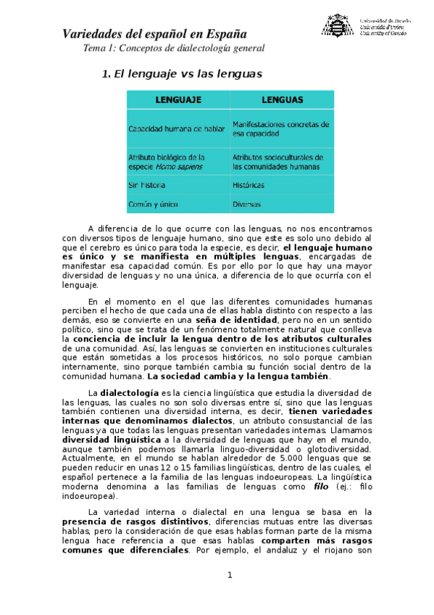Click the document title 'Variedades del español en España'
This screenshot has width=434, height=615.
(x=154, y=33)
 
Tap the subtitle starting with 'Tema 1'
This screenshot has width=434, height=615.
(x=174, y=49)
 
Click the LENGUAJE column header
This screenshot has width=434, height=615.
(x=178, y=99)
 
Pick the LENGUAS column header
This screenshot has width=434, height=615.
(x=282, y=99)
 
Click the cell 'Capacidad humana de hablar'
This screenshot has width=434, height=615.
(x=176, y=129)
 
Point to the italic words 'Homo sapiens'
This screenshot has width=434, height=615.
(x=177, y=166)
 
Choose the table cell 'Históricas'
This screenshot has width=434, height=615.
(x=249, y=185)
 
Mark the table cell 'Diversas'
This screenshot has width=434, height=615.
(x=246, y=205)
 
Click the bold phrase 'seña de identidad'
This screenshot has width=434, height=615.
(x=236, y=320)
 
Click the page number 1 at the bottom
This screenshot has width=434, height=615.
(x=230, y=575)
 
